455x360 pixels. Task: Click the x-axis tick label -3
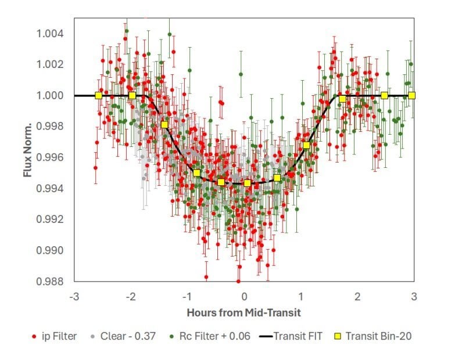(74, 296)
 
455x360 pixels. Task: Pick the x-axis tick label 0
(244, 296)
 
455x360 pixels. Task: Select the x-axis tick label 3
(414, 296)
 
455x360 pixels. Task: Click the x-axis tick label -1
(187, 296)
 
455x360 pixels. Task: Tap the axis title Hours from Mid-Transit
(243, 312)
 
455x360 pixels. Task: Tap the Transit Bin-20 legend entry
(378, 336)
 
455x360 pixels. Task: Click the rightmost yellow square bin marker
(412, 95)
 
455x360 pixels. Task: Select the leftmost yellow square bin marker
(98, 95)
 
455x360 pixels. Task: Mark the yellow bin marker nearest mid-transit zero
(248, 183)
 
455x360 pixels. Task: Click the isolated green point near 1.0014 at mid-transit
(241, 74)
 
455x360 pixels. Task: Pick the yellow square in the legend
(339, 336)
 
